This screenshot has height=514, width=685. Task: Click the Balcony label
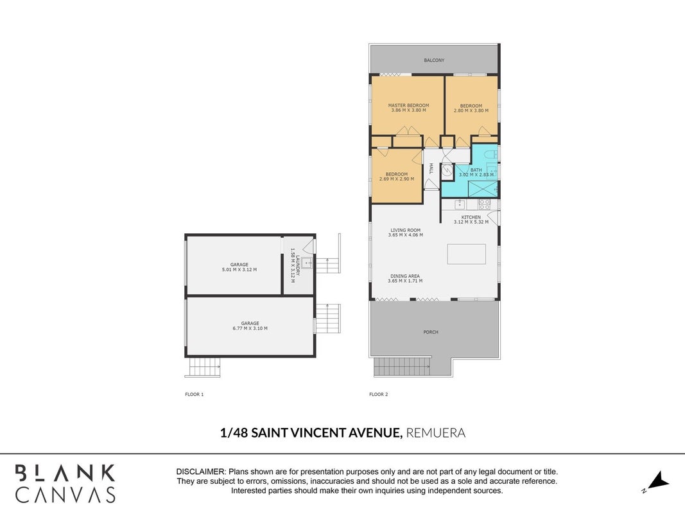434,60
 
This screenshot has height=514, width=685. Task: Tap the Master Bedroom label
408,105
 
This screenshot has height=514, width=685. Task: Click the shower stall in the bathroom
483,189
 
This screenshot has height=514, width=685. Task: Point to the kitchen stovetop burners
485,204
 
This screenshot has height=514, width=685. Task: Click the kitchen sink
460,204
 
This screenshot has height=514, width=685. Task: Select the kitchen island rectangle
466,254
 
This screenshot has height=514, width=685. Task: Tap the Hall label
431,169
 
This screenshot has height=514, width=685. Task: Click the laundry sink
307,263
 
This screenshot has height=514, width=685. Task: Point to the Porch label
431,332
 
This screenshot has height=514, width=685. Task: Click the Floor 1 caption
195,394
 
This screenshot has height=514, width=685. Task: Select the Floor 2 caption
378,394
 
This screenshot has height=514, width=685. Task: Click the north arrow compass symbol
658,481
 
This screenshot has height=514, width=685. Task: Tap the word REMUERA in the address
435,432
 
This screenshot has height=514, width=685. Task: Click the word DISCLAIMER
200,472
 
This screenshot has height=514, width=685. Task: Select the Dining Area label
405,276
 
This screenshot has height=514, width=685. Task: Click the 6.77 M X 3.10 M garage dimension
250,328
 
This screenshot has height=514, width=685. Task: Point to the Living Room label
405,230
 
